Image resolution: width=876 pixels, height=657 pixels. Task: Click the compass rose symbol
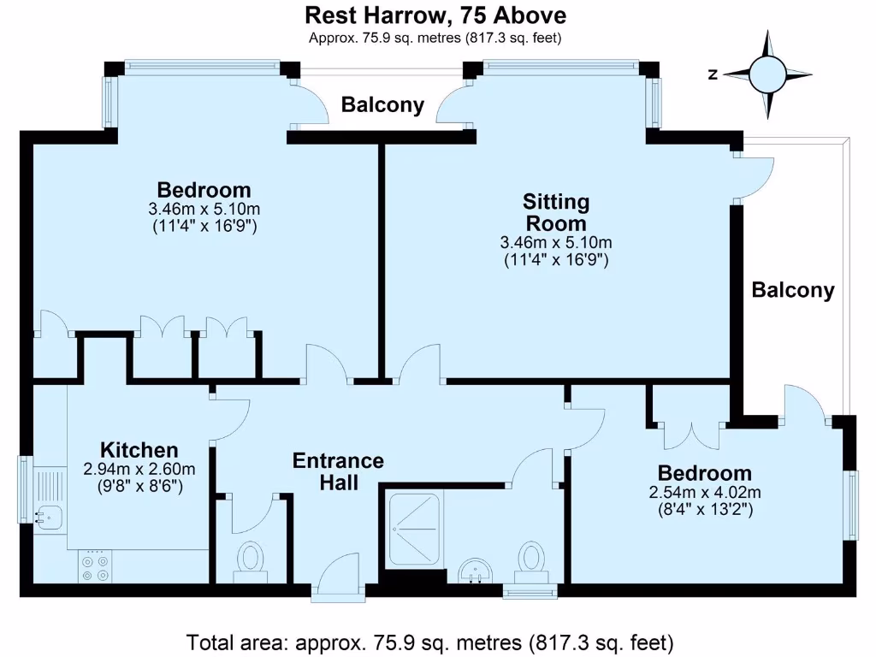coord(767,74)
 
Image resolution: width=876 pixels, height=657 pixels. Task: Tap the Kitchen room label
coord(139,450)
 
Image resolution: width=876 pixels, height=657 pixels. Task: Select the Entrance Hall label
coord(339,471)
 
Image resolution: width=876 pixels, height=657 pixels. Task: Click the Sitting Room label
coord(556,212)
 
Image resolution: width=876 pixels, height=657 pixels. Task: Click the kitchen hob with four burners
coord(95,566)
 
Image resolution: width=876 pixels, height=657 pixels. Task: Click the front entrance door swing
coord(337,577)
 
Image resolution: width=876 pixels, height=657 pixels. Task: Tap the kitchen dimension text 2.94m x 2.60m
coord(139,470)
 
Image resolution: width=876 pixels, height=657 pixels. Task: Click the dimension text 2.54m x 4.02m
coord(705,492)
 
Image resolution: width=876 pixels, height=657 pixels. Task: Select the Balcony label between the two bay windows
coord(382,104)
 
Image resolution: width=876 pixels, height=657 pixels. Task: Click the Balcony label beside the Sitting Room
coord(793,289)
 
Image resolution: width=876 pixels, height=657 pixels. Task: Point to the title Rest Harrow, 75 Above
coord(435,15)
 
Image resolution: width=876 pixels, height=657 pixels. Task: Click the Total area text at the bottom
coord(429,642)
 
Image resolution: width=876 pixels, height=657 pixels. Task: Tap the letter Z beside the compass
coord(713,74)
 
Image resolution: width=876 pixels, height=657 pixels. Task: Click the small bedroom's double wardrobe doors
coord(691,435)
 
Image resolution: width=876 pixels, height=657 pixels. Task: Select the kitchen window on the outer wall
coord(26,489)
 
